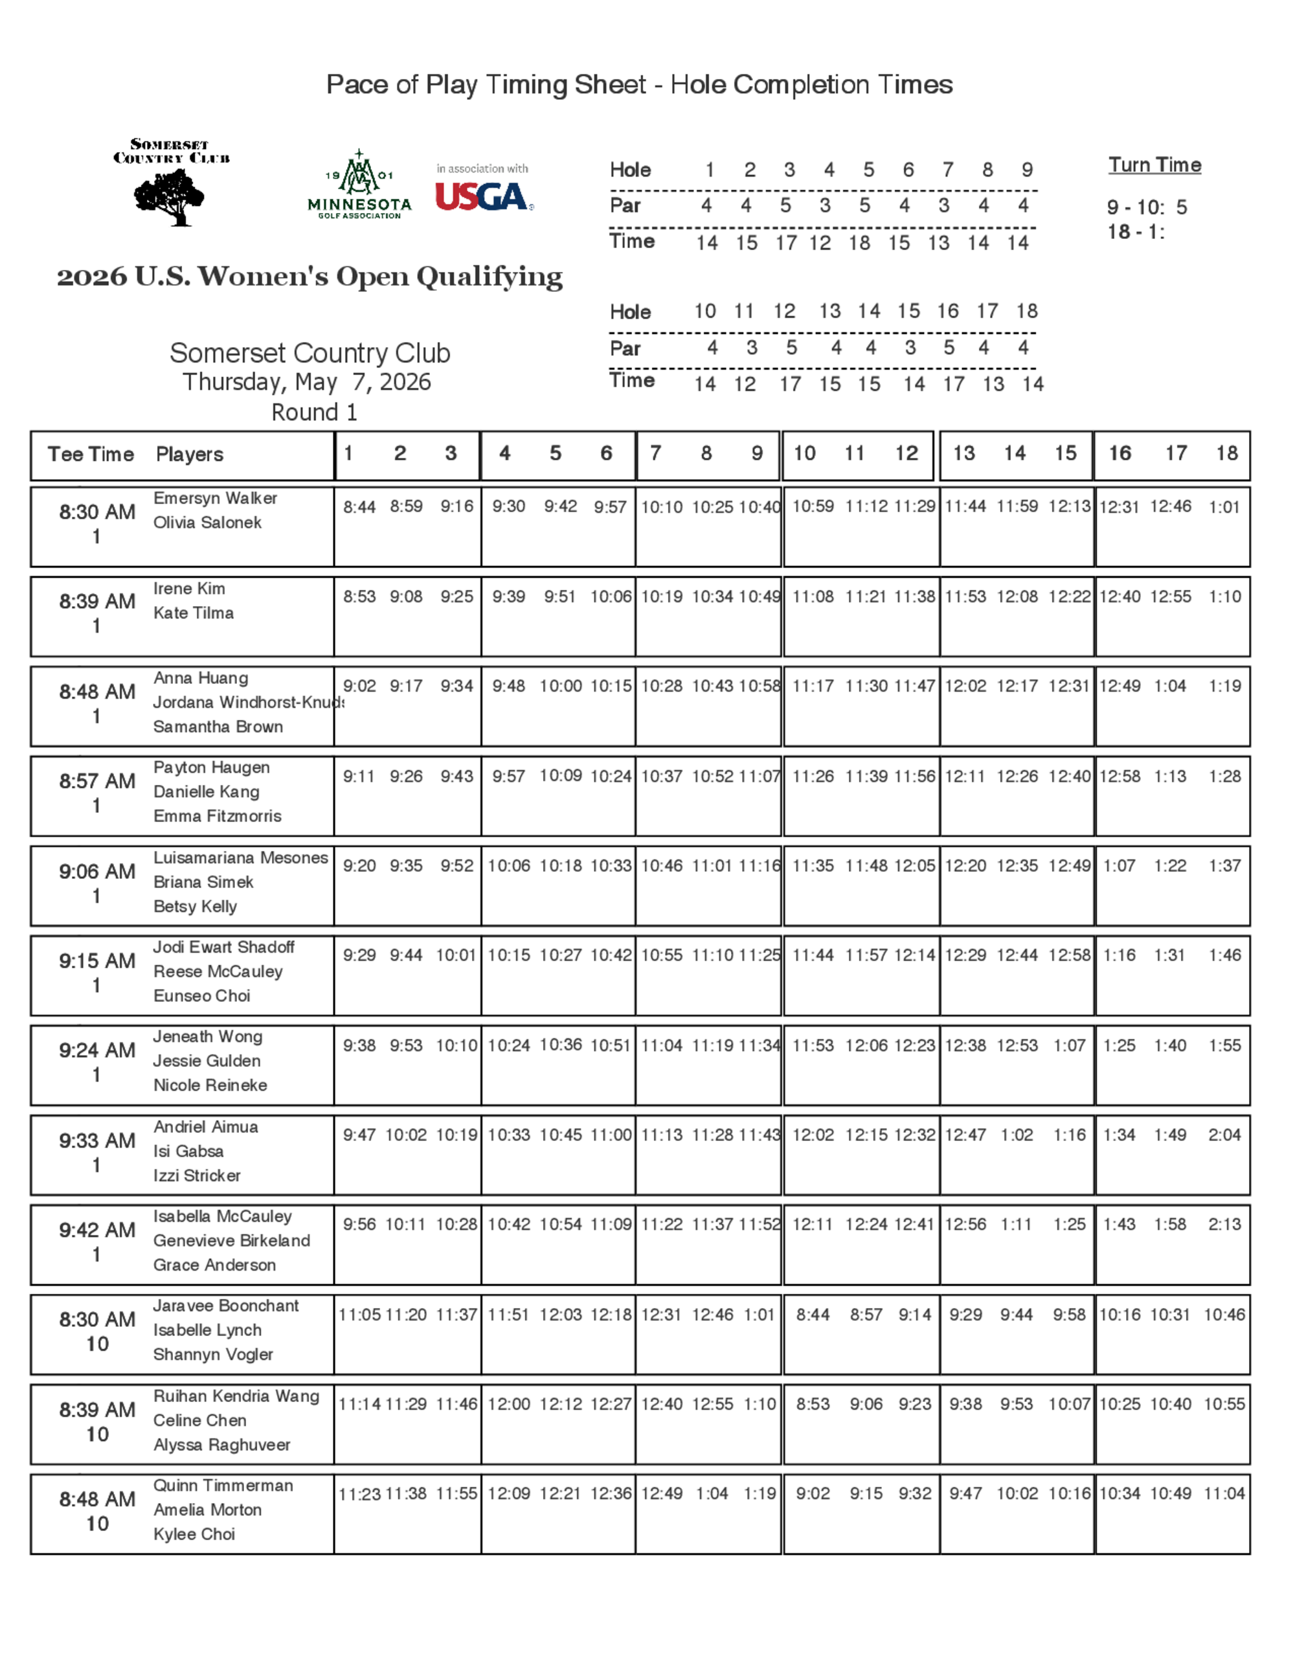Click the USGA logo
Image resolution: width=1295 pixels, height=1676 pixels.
[x=483, y=196]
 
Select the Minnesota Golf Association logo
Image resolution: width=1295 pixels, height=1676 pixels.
[x=359, y=187]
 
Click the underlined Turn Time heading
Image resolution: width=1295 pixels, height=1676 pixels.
[x=1154, y=165]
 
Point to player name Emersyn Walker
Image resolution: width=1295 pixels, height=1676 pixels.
[x=215, y=498]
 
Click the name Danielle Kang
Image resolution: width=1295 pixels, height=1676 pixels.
[x=206, y=791]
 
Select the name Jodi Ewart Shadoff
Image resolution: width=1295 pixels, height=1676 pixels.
[x=223, y=947]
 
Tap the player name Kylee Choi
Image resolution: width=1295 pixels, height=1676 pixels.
[x=194, y=1534]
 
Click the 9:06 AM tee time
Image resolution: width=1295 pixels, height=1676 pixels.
[x=97, y=871]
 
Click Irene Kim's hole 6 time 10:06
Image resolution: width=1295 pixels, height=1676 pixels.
[x=611, y=596]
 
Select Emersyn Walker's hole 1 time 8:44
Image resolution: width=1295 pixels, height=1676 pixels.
[x=359, y=506]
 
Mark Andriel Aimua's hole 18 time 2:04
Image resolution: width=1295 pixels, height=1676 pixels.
[x=1224, y=1134]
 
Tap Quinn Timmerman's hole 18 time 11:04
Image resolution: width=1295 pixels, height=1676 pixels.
[x=1224, y=1493]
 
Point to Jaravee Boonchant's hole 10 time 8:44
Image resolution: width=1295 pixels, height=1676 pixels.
[x=813, y=1315]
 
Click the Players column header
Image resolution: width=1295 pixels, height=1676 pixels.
[x=190, y=455]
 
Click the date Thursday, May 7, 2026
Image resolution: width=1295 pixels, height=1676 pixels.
[x=307, y=381]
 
